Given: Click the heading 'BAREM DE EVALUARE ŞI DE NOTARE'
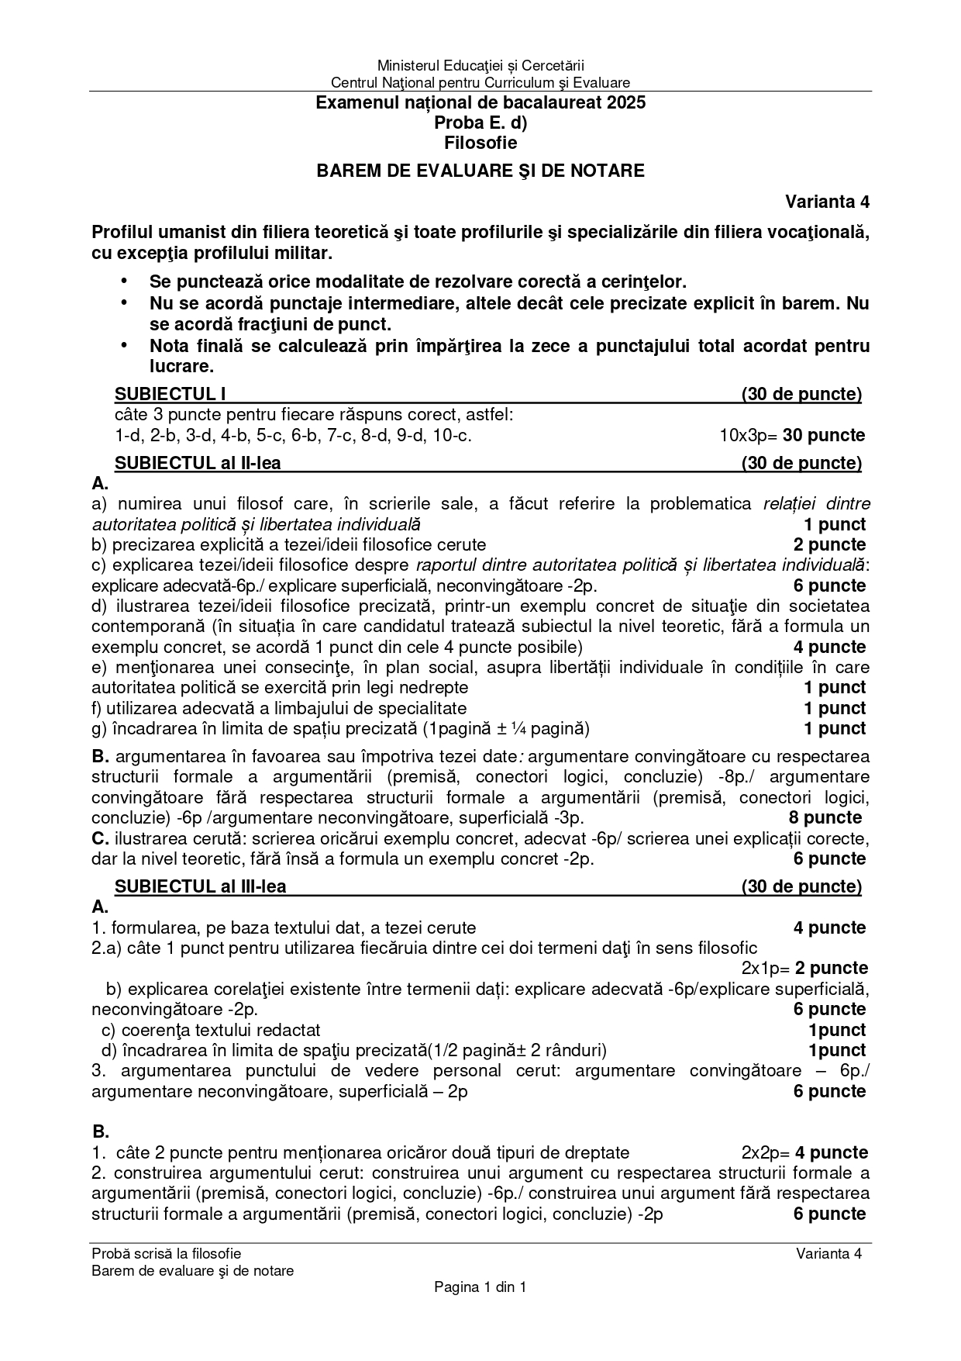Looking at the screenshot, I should click(480, 171).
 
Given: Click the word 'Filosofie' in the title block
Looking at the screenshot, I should click(480, 143).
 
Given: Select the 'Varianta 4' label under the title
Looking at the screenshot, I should click(827, 202).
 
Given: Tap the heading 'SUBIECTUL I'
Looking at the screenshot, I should click(170, 395).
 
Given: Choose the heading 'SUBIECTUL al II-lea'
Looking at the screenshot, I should click(198, 464).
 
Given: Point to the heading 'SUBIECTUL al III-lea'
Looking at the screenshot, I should click(200, 886).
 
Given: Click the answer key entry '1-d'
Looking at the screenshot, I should click(128, 436).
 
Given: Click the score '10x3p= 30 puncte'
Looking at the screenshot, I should click(791, 436).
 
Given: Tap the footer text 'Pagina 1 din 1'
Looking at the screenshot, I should click(480, 1287).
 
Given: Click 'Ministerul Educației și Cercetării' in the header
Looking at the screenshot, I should click(480, 67).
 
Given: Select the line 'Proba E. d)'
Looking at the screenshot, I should click(480, 123).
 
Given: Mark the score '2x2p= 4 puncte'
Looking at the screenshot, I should click(804, 1153).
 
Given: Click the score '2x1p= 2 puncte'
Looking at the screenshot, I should click(804, 969).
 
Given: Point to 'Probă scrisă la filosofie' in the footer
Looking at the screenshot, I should click(166, 1254).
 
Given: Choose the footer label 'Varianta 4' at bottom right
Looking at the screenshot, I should click(828, 1254).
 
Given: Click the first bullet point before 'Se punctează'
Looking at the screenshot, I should click(122, 281).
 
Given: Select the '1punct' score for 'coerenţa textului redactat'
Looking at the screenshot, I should click(836, 1030).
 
